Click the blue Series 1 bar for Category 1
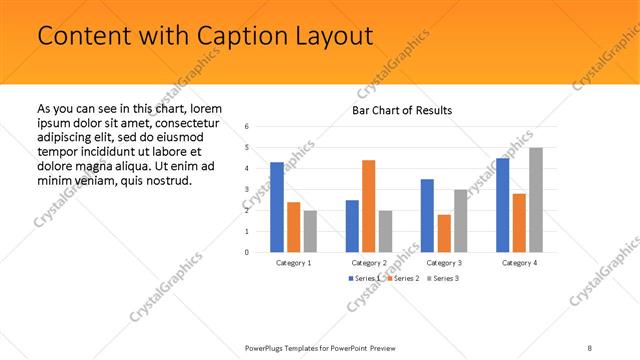[277, 207]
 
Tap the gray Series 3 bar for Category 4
[536, 200]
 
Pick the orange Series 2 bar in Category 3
[443, 233]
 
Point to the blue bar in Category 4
[502, 205]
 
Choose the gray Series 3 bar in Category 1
[310, 231]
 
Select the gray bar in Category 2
[385, 231]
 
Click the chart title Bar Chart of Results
[402, 110]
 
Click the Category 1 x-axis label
[293, 262]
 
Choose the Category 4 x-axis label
[518, 262]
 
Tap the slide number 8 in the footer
[590, 347]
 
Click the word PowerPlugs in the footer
[268, 347]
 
